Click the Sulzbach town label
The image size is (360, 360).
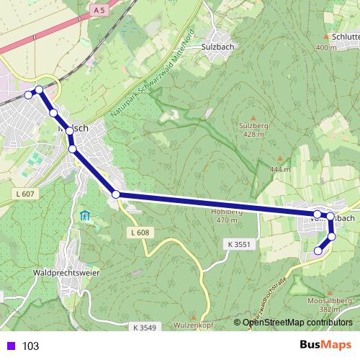click(x=218, y=45)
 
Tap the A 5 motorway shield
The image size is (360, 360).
click(x=99, y=11)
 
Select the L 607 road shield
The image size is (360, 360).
click(x=24, y=194)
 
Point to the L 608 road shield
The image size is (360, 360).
click(x=140, y=233)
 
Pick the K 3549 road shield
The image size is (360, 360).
click(x=144, y=328)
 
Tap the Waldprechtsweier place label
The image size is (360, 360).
click(x=65, y=274)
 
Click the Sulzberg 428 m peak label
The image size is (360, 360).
click(x=252, y=129)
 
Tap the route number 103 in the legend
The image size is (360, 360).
click(x=31, y=346)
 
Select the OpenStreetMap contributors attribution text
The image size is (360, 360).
click(x=296, y=323)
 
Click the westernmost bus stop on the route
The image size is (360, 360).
click(x=29, y=95)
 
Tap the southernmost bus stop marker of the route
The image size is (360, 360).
click(x=318, y=251)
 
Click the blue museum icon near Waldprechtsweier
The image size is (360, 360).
click(x=85, y=215)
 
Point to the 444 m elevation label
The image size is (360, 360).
click(x=280, y=169)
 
